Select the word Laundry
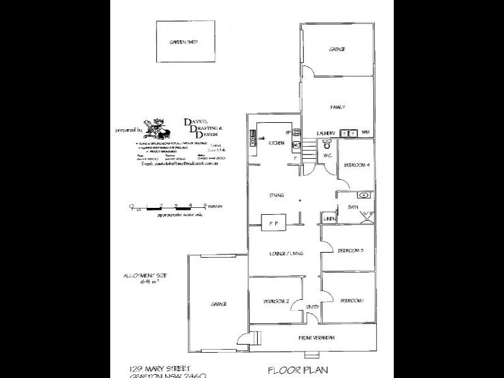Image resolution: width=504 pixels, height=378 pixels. tap(325, 133)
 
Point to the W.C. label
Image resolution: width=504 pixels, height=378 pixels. tap(326, 154)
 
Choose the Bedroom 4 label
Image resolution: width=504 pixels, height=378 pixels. tap(357, 165)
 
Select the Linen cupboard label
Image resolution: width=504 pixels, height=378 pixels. tap(329, 219)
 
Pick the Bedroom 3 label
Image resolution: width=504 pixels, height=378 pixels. tap(351, 251)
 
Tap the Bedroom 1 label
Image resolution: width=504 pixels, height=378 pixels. tap(352, 301)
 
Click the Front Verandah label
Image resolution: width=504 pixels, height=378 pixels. tap(316, 338)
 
